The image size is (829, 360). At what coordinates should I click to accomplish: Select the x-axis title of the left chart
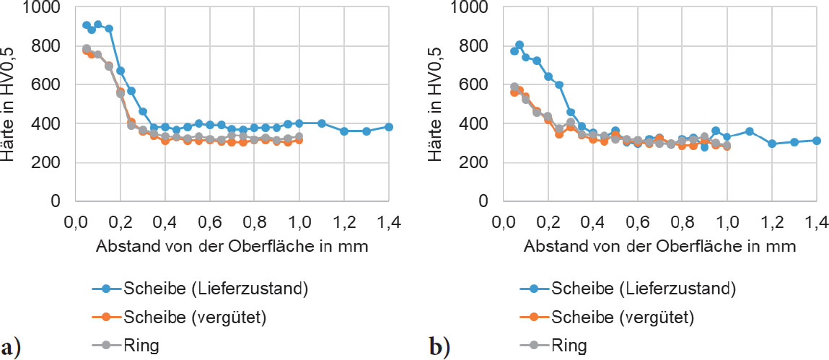[x=232, y=246]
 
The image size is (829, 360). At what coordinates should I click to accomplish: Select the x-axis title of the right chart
[x=659, y=246]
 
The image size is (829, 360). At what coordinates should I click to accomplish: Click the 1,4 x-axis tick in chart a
[x=388, y=221]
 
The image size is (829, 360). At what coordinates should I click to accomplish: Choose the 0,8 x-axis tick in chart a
[x=254, y=221]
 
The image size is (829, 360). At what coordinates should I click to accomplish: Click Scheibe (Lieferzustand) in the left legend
[x=216, y=289]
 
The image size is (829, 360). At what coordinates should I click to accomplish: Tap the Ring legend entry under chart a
[x=144, y=345]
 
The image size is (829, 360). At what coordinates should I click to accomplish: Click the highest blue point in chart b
[x=519, y=45]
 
